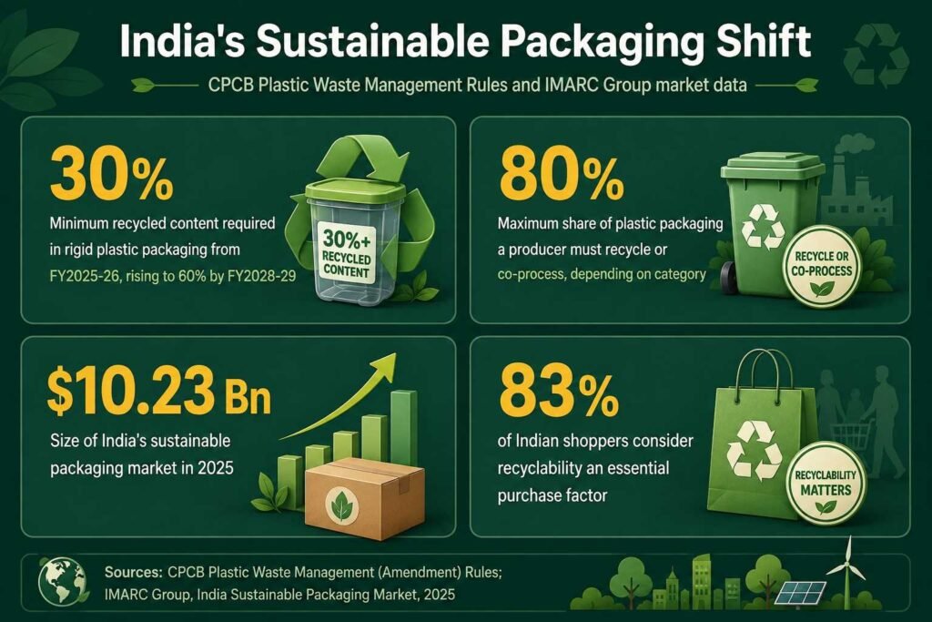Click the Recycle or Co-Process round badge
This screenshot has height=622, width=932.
click(x=822, y=268)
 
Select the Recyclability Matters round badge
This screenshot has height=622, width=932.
click(x=825, y=484)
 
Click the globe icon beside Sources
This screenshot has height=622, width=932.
click(x=61, y=582)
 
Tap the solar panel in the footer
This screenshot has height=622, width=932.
click(x=801, y=591)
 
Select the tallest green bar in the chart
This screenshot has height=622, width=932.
click(x=404, y=428)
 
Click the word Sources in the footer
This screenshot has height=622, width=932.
click(x=133, y=572)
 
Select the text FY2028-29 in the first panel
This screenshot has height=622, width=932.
click(x=261, y=277)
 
